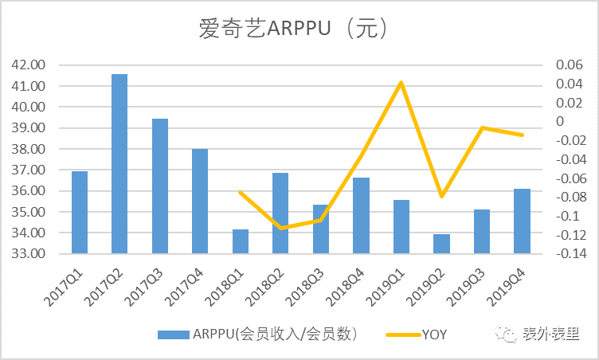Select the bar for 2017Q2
[x=119, y=164]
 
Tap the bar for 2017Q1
[x=80, y=213]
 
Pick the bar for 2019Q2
[x=441, y=244]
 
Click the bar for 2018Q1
[x=240, y=241]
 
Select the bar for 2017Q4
[x=200, y=202]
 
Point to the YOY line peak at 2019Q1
[x=401, y=82]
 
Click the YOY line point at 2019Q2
[x=441, y=196]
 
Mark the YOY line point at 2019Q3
[x=482, y=127]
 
